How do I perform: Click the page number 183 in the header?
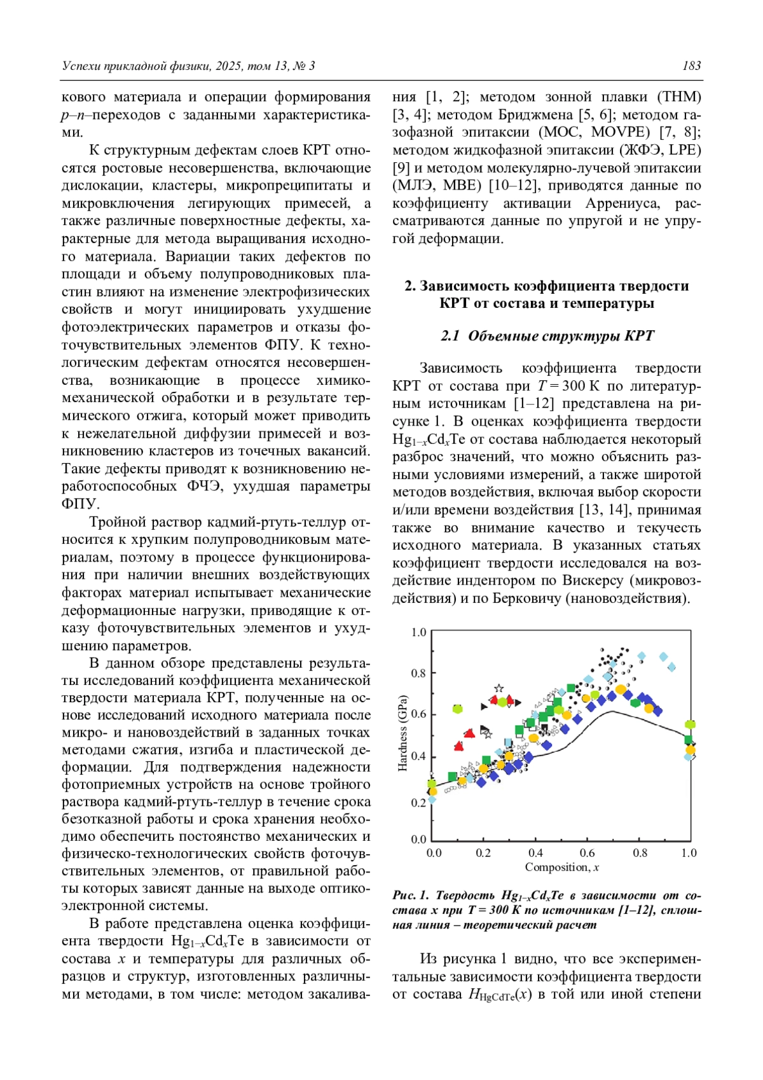(x=691, y=66)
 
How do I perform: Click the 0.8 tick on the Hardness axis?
(x=418, y=673)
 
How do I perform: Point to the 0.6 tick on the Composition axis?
(x=587, y=853)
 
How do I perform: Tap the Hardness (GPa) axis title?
(x=402, y=732)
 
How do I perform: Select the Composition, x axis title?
(x=561, y=868)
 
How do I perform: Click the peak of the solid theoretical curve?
(x=611, y=711)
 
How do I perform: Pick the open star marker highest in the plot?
(x=499, y=688)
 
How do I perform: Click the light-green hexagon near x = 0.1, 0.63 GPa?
(x=457, y=709)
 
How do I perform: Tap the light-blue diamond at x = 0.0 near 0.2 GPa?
(x=432, y=800)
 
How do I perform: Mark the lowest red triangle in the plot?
(x=458, y=746)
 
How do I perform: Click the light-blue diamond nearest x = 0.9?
(x=664, y=657)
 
